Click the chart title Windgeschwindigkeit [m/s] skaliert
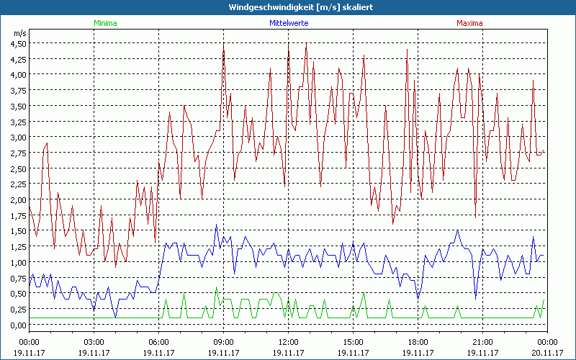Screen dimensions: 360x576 click(x=288, y=6)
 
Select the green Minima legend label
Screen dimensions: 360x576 click(x=105, y=23)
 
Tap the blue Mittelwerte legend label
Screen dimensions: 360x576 click(x=288, y=23)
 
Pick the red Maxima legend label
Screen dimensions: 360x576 click(x=469, y=23)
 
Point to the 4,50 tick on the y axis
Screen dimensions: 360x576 click(x=17, y=43)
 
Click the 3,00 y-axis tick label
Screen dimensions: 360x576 click(x=17, y=137)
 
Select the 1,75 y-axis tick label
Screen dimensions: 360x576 click(x=17, y=215)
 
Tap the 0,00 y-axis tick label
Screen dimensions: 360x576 click(x=17, y=325)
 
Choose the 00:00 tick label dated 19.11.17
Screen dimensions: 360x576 click(x=29, y=341)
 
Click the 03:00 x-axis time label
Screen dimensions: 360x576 click(x=94, y=341)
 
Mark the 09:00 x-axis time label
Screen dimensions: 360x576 click(x=223, y=341)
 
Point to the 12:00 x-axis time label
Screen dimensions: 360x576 click(x=288, y=341)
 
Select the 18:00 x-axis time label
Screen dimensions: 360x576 click(x=418, y=341)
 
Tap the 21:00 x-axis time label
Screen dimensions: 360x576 click(x=482, y=341)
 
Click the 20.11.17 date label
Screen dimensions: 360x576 click(x=547, y=352)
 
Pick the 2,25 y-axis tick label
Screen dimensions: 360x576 click(x=17, y=184)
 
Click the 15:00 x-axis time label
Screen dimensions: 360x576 click(x=353, y=341)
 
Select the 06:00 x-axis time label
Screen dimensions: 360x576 click(x=158, y=341)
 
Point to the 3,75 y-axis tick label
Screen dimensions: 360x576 click(x=17, y=90)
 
